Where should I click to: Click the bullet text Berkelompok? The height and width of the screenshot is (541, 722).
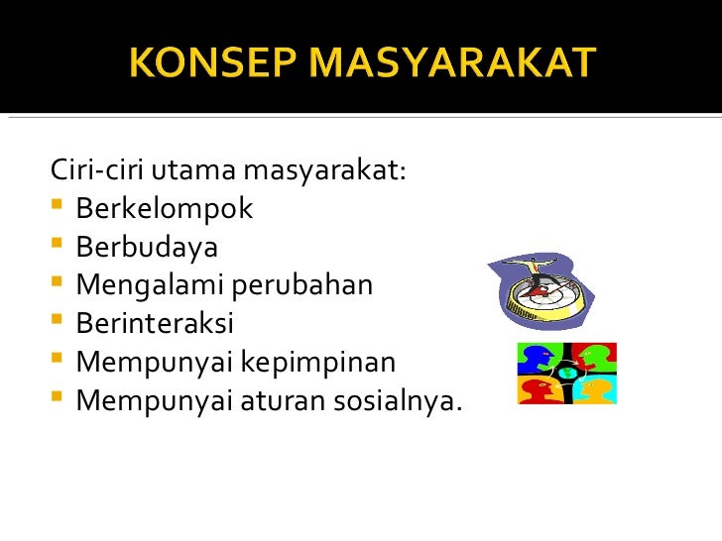coord(165,210)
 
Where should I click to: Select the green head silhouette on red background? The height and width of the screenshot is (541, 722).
coord(595,358)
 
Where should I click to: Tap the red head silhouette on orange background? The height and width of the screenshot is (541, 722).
coord(540,388)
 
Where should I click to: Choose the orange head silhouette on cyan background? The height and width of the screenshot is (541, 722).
coord(595,388)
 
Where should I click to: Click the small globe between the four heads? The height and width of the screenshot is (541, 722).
coord(567,374)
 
